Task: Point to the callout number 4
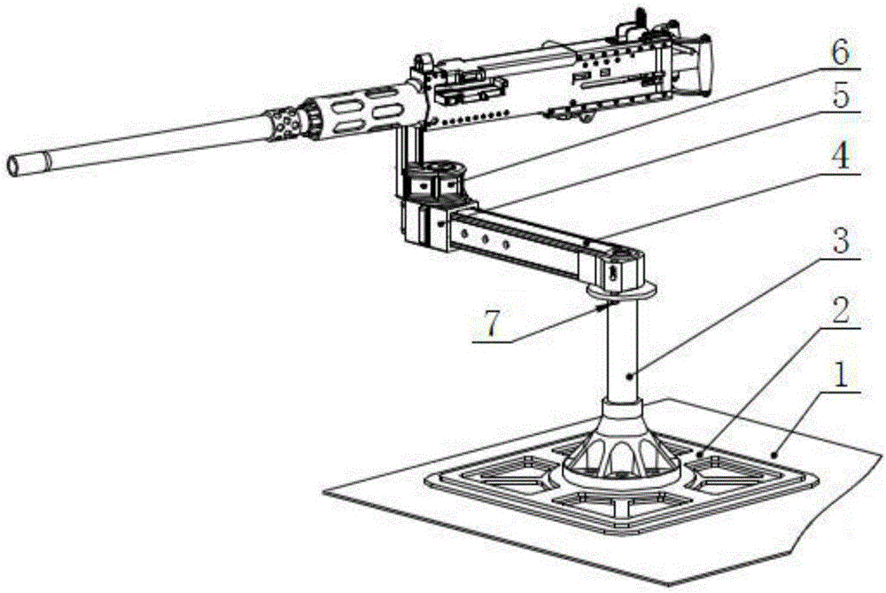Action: pos(843,159)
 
